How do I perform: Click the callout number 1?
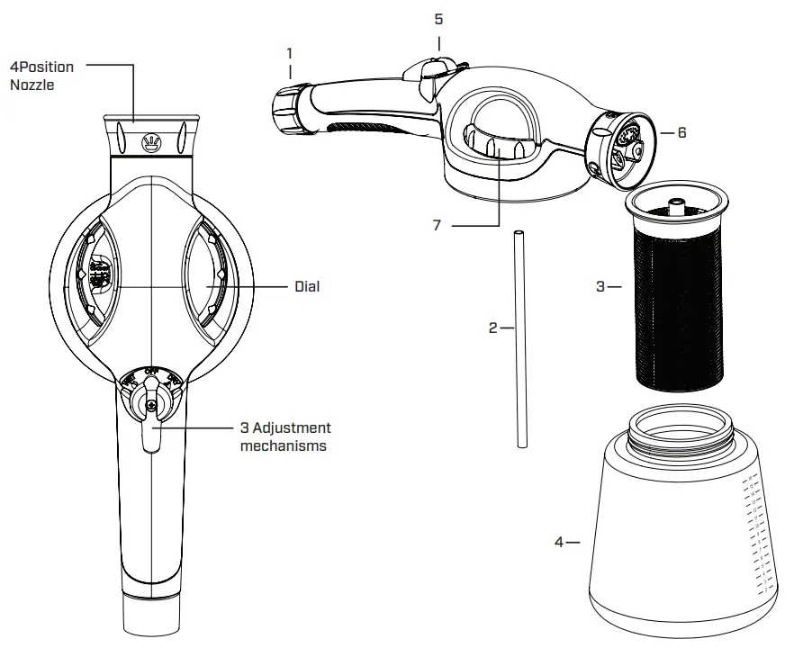coord(290,53)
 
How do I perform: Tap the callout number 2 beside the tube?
coord(493,328)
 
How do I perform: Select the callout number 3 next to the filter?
coord(601,287)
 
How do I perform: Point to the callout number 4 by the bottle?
coord(559,542)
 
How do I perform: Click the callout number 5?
coord(438,18)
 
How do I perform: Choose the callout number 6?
coord(681,132)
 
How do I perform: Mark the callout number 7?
coord(437,225)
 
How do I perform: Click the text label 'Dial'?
coord(307,287)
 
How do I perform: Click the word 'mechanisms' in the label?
coord(284,445)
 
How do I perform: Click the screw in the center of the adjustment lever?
coord(151,405)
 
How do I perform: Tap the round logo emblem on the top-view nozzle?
coord(151,140)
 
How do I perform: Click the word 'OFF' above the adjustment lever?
coord(150,371)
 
